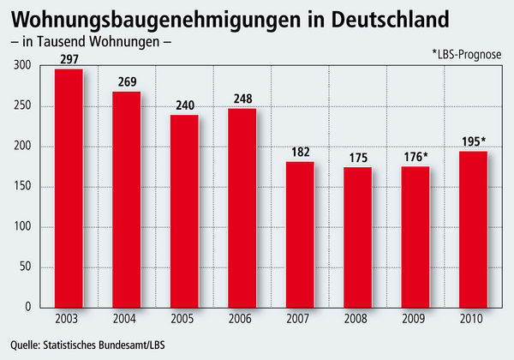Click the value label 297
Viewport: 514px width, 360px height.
pyautogui.click(x=69, y=59)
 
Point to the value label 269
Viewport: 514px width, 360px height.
pyautogui.click(x=127, y=82)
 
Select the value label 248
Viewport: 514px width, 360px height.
pyautogui.click(x=242, y=99)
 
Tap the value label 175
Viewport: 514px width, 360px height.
pyautogui.click(x=357, y=158)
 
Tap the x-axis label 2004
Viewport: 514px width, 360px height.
pyautogui.click(x=127, y=320)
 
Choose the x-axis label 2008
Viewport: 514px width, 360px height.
pyautogui.click(x=357, y=320)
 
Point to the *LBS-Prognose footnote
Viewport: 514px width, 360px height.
pyautogui.click(x=468, y=53)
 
